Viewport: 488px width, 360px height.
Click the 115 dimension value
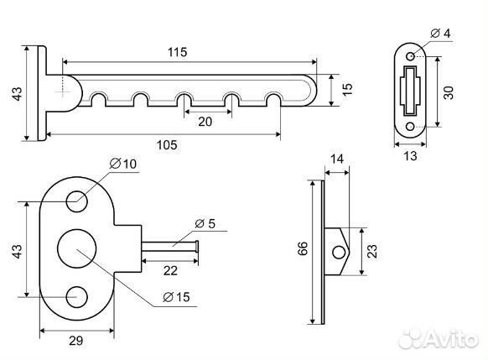[178, 52]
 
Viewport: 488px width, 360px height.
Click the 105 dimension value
[167, 145]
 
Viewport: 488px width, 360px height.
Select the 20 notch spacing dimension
[205, 122]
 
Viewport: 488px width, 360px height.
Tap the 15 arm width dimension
[347, 89]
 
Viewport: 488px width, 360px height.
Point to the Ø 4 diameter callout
[440, 33]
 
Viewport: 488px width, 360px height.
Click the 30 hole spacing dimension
[448, 93]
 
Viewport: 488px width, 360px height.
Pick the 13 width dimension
[410, 156]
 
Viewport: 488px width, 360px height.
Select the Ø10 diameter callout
[123, 164]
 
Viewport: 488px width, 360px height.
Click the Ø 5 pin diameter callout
[205, 223]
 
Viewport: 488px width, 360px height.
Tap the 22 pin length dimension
[170, 270]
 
